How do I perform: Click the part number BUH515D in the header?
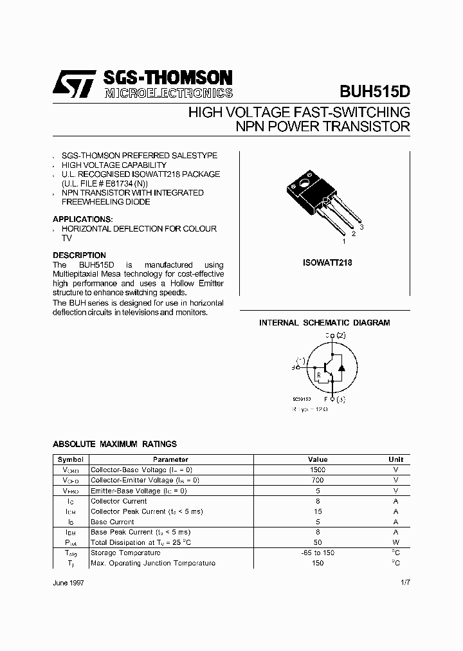pyautogui.click(x=374, y=91)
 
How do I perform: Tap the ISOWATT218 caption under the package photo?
pyautogui.click(x=327, y=263)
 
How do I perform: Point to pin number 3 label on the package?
pyautogui.click(x=362, y=228)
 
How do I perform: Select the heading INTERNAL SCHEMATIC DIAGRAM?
pyautogui.click(x=324, y=323)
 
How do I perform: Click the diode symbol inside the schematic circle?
pyautogui.click(x=341, y=368)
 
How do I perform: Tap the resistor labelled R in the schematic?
pyautogui.click(x=318, y=375)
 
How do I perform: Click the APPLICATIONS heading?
pyautogui.click(x=82, y=219)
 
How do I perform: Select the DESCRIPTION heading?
pyautogui.click(x=79, y=255)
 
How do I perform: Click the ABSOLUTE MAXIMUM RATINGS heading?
pyautogui.click(x=114, y=444)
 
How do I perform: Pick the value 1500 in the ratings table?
pyautogui.click(x=318, y=470)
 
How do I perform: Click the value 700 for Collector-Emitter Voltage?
pyautogui.click(x=318, y=481)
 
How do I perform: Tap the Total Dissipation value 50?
pyautogui.click(x=318, y=542)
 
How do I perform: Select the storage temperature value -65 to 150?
pyautogui.click(x=318, y=553)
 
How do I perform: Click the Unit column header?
pyautogui.click(x=396, y=459)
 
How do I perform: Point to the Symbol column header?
pyautogui.click(x=70, y=459)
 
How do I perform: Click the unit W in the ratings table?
pyautogui.click(x=396, y=542)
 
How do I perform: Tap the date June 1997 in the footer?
pyautogui.click(x=68, y=582)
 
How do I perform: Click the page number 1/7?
pyautogui.click(x=403, y=582)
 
